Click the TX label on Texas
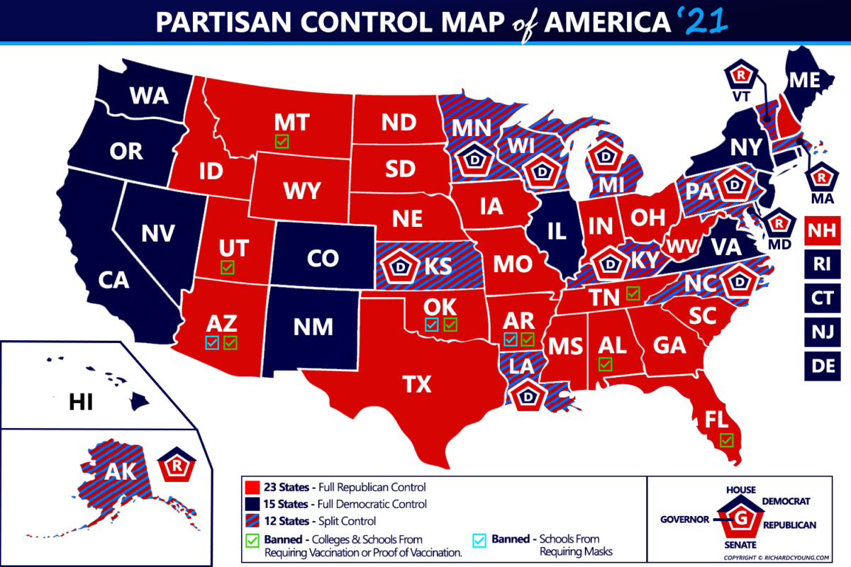coord(416,384)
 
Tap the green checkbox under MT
coord(282,141)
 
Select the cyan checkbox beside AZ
coord(211,343)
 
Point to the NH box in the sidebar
coord(821,232)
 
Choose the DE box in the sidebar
coord(821,365)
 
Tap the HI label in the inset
coord(82,403)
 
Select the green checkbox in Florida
coord(725,440)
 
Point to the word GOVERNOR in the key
coord(685,519)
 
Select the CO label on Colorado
coord(323,259)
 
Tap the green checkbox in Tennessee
coord(633,292)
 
